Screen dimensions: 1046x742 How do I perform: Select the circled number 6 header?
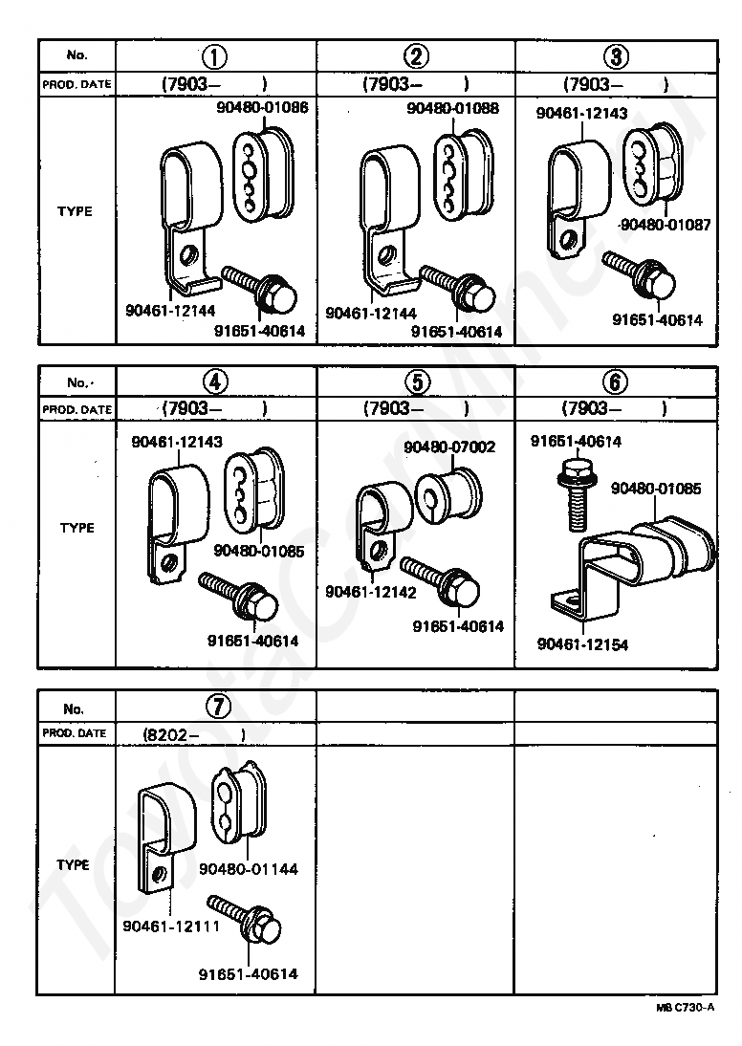(617, 382)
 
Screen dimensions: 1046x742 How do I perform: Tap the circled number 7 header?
(217, 708)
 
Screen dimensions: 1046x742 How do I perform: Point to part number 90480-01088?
(452, 109)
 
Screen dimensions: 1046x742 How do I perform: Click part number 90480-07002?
(449, 447)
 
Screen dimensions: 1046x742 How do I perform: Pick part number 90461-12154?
(582, 644)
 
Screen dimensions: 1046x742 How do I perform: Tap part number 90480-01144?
(249, 869)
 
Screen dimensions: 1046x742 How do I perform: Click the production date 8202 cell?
(193, 734)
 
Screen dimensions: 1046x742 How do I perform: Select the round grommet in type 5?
(449, 493)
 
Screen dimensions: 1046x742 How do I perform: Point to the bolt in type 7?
(248, 920)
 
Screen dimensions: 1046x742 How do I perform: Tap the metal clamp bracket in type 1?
(186, 210)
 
